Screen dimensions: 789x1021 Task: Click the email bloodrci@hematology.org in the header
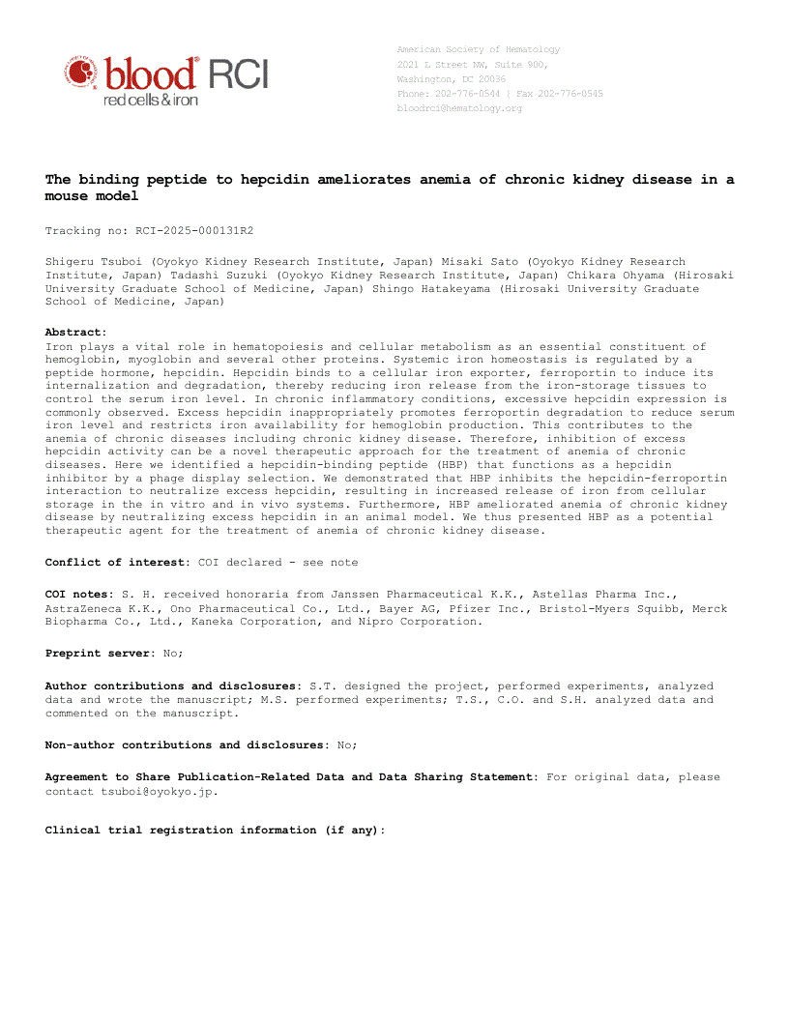[459, 108]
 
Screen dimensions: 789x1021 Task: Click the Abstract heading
[75, 332]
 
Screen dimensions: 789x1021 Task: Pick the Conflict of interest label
[118, 562]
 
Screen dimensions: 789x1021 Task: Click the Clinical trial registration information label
[215, 830]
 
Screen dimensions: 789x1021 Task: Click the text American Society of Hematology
[478, 49]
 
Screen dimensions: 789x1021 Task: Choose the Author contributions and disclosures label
[173, 686]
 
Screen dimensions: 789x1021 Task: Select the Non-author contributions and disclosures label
[184, 744]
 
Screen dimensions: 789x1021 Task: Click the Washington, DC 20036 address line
[451, 79]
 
